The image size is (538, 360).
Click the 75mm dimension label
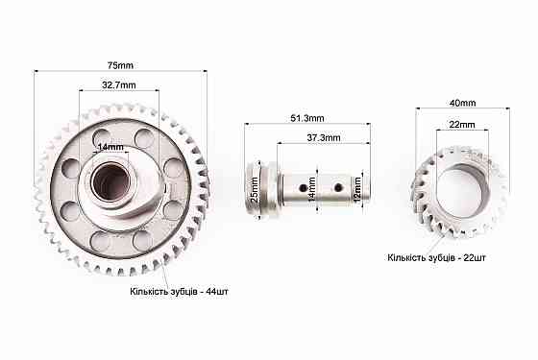(x=120, y=65)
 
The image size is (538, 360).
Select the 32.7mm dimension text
(x=119, y=85)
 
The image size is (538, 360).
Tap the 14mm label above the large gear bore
(x=110, y=148)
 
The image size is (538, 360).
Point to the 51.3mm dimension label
(x=307, y=118)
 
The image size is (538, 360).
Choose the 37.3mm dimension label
(x=324, y=138)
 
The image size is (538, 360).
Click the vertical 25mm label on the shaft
(x=255, y=190)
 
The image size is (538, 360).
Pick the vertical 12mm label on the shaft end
(x=357, y=190)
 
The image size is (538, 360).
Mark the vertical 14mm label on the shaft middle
(x=311, y=190)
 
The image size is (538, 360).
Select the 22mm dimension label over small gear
(x=462, y=125)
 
